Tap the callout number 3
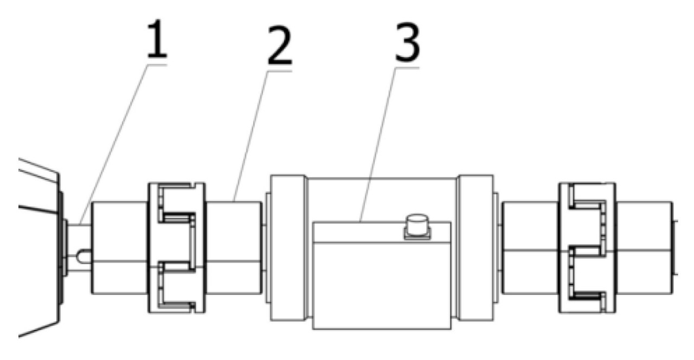coord(405,45)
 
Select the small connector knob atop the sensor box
coord(416,224)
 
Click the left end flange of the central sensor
coord(288,247)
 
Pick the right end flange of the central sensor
coord(475,247)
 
